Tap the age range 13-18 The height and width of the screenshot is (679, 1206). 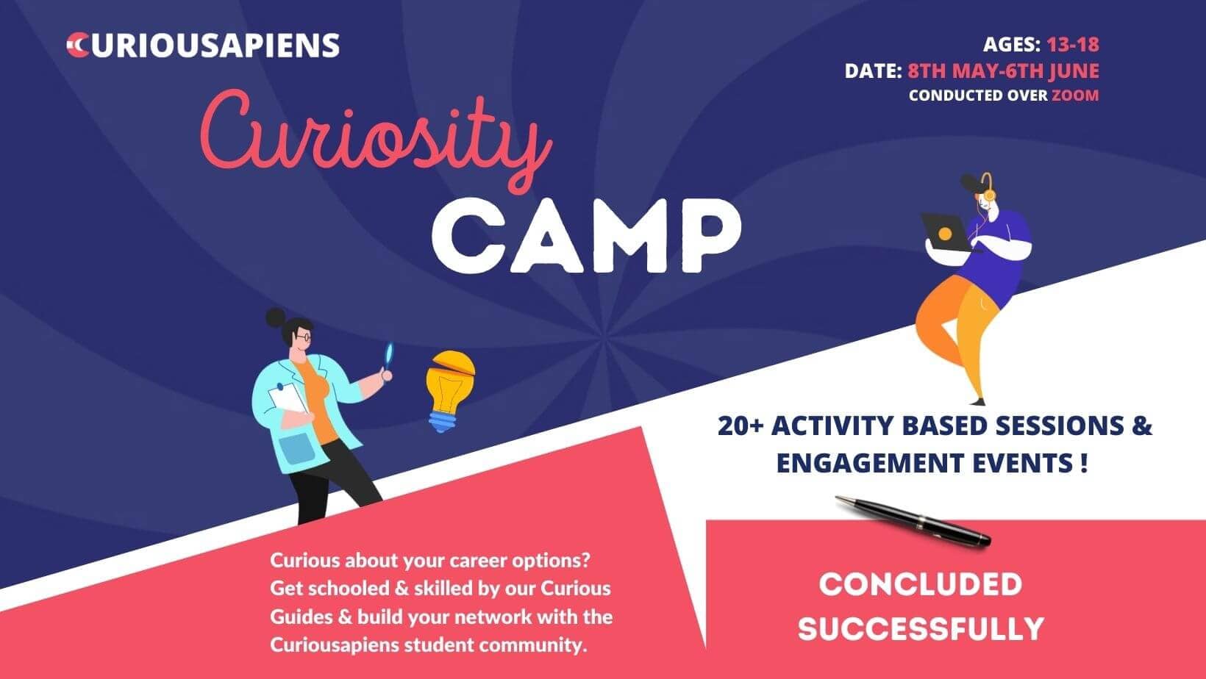click(1073, 45)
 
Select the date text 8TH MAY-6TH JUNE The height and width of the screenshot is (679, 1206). click(1004, 71)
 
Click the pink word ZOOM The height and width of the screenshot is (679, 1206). click(1075, 96)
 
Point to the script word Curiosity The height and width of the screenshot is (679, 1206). click(375, 139)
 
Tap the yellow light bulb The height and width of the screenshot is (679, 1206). click(450, 391)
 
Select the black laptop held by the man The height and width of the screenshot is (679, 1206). click(949, 232)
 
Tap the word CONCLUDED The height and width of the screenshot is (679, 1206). click(920, 584)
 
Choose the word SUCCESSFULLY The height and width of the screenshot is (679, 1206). click(921, 628)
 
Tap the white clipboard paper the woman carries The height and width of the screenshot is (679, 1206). click(288, 399)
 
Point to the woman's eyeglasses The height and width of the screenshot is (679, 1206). click(302, 337)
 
